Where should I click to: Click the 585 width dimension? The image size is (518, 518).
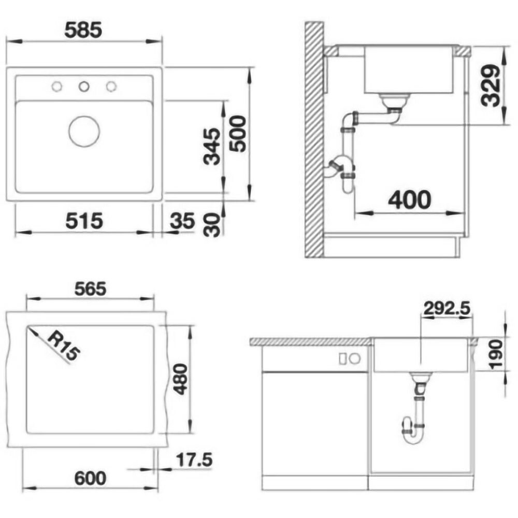click(83, 31)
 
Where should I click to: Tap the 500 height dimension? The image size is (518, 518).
click(238, 134)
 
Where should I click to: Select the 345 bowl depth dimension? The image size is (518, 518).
click(212, 147)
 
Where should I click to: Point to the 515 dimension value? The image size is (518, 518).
click(84, 221)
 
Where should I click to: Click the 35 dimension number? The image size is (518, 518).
click(182, 221)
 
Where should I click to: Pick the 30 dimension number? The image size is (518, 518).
click(212, 225)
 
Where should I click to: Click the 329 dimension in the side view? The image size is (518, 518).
click(491, 86)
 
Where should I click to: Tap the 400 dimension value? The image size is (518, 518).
click(410, 200)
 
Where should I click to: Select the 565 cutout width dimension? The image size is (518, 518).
click(90, 289)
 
